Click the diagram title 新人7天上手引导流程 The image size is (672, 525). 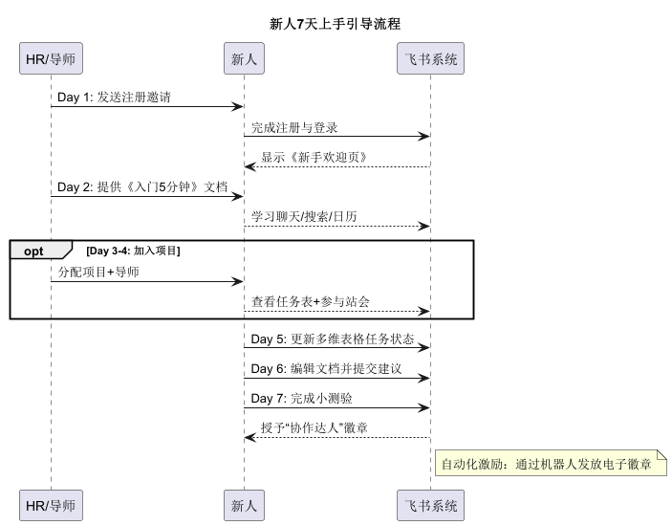(x=336, y=24)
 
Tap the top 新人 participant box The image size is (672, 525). (x=244, y=59)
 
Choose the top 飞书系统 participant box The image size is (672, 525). (x=430, y=59)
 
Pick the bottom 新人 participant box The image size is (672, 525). (x=244, y=505)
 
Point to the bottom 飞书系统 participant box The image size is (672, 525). (x=430, y=505)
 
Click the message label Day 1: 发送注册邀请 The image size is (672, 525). (x=115, y=98)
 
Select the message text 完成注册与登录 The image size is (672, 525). (x=294, y=127)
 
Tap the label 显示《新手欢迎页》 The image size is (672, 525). (x=314, y=157)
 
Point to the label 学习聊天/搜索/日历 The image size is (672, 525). (x=304, y=217)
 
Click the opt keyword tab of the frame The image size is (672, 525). (x=35, y=251)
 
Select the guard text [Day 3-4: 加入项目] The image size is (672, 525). (x=133, y=251)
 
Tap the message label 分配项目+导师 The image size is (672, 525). (x=98, y=273)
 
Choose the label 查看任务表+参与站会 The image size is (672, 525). (x=311, y=302)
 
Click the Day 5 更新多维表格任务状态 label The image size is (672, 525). (x=333, y=339)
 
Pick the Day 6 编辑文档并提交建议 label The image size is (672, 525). (x=326, y=369)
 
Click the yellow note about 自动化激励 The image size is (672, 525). (x=551, y=465)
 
